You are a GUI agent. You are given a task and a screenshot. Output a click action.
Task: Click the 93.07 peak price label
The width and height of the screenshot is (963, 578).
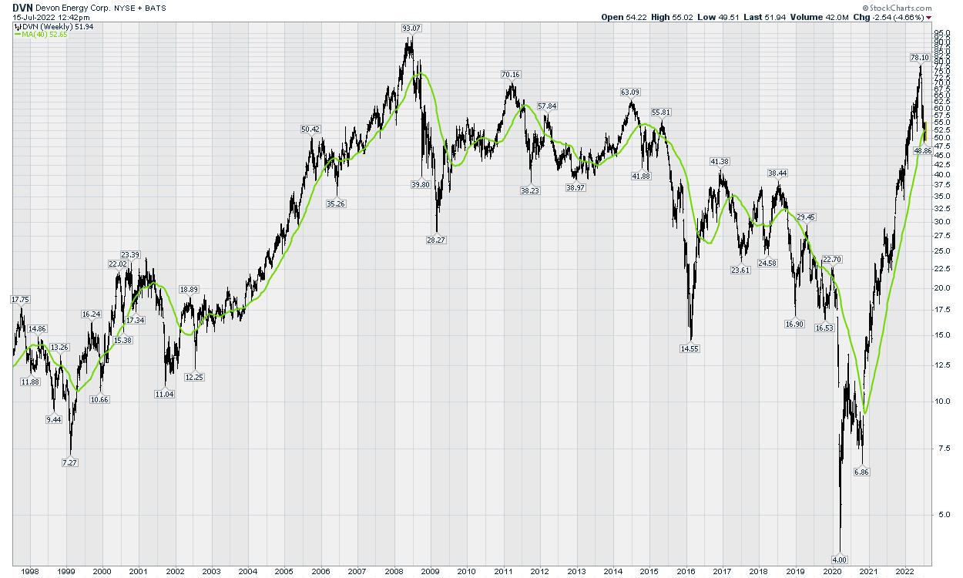coord(411,29)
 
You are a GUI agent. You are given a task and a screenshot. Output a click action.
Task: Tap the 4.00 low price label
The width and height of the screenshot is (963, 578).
coord(840,559)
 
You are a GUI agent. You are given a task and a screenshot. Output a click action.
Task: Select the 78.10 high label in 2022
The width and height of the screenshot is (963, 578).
coord(919,57)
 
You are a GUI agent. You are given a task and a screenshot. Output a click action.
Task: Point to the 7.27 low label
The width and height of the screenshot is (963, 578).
coord(70,462)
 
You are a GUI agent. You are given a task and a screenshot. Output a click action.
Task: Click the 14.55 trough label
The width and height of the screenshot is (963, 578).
coord(690,348)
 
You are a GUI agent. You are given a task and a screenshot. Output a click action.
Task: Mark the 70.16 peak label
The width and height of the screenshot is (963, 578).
coord(511,75)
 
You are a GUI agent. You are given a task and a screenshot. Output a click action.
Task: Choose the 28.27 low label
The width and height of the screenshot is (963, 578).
coord(437,240)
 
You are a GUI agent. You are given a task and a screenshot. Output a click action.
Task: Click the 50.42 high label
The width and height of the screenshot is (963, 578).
coord(310,129)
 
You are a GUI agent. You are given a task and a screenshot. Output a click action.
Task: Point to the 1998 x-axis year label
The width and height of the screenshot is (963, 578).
coord(29,571)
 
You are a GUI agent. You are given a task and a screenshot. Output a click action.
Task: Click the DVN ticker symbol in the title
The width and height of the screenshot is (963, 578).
coord(22,7)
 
